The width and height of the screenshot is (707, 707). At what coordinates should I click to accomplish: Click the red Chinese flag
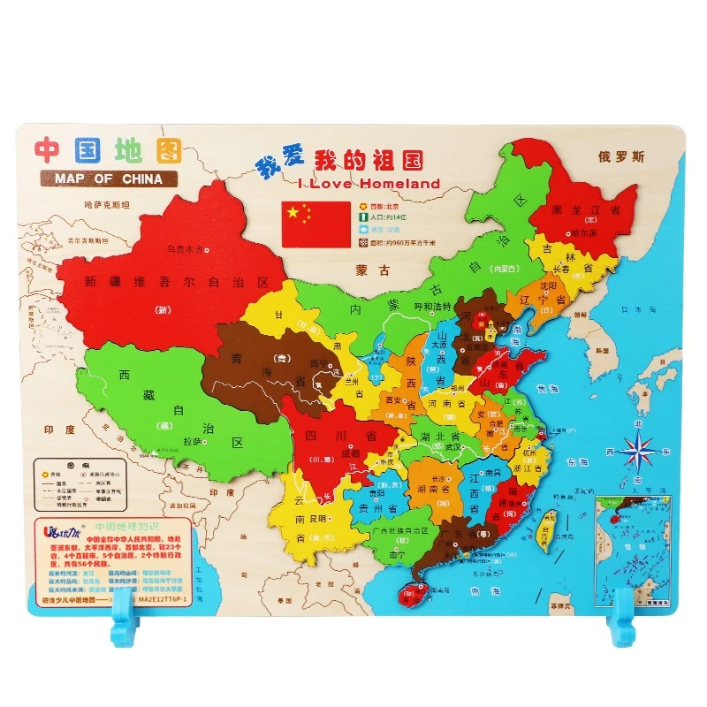click(x=315, y=224)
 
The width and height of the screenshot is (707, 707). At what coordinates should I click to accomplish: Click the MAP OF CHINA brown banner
click(x=108, y=179)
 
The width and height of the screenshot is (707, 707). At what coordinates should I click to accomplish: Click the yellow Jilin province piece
click(x=566, y=256)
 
